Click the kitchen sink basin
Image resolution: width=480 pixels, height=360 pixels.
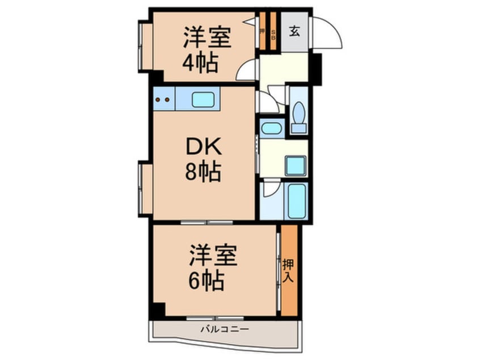pos(203,99)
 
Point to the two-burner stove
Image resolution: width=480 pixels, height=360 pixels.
pos(163,99)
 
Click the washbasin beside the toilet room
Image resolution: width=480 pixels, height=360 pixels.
pos(271,127)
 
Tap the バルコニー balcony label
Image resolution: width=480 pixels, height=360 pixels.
pos(224,329)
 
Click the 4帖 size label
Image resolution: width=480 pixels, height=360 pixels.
pos(200,63)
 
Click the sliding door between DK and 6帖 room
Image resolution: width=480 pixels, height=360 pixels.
pos(207,222)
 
